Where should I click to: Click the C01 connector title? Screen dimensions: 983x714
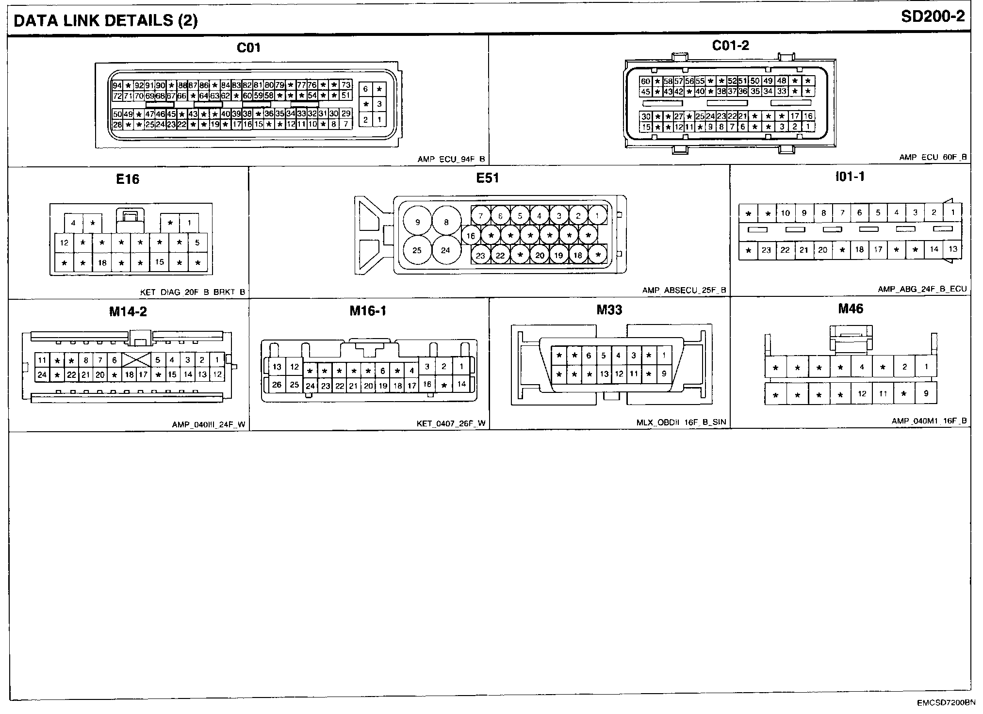click(248, 48)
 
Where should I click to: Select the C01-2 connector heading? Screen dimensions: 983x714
click(730, 46)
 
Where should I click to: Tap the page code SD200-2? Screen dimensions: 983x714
click(933, 17)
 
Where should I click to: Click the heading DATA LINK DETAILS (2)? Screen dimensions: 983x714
click(106, 20)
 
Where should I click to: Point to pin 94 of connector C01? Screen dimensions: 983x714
click(117, 86)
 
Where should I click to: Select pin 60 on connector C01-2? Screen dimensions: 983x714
click(645, 81)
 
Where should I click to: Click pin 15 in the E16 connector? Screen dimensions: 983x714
click(160, 262)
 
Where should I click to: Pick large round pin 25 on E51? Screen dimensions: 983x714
click(417, 250)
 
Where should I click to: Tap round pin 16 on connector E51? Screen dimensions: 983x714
click(470, 236)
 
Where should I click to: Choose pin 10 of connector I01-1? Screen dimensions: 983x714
click(785, 212)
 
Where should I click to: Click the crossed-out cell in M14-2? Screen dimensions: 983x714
click(136, 359)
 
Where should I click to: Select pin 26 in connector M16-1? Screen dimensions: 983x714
click(277, 385)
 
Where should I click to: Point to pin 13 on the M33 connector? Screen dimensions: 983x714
click(604, 374)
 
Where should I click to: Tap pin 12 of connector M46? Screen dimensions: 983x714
click(862, 393)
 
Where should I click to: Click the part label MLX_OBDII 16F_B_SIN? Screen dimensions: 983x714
click(681, 422)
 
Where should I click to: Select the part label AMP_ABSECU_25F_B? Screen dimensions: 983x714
click(684, 291)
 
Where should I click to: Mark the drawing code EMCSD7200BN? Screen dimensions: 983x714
click(938, 703)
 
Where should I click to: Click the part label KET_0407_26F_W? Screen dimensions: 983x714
click(451, 423)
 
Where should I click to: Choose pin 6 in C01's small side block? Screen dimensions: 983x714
click(366, 89)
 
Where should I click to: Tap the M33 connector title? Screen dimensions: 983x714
click(609, 310)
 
